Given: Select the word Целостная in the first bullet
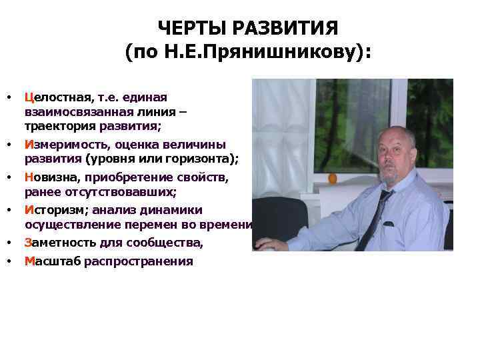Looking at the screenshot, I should click(58, 97).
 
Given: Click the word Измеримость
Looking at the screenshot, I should click(66, 144).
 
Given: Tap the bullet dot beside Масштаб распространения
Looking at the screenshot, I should click(9, 261).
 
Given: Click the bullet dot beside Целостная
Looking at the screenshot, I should click(9, 98).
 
